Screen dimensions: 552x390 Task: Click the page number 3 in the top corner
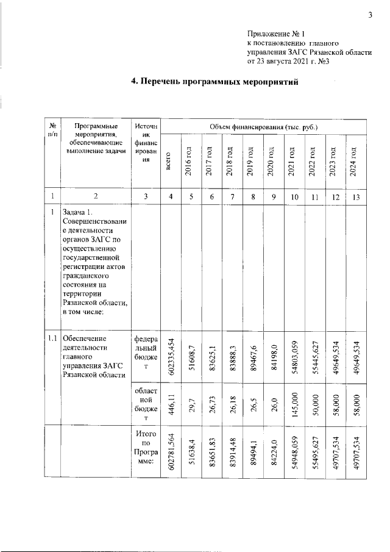click(369, 15)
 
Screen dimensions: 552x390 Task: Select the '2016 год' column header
click(190, 162)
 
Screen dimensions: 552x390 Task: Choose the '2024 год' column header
click(353, 162)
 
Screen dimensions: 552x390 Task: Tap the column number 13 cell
click(353, 196)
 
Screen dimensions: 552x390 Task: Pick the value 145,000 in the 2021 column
click(293, 403)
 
